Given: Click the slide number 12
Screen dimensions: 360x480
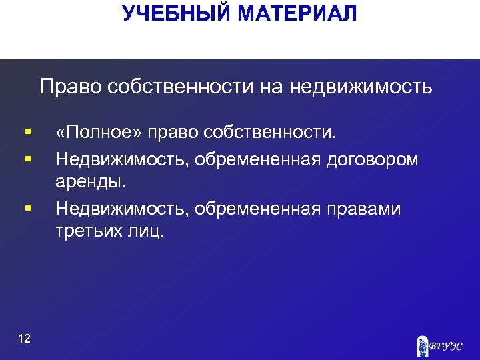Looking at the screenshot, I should (24, 339).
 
